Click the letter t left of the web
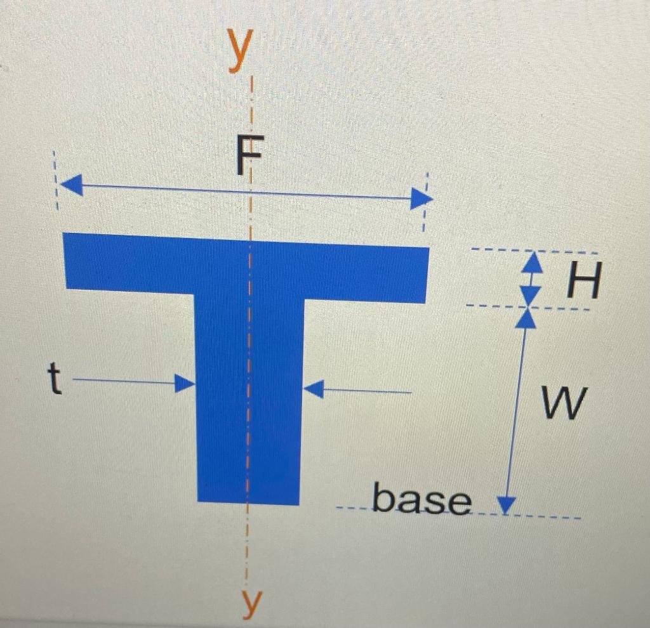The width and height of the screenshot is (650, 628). (56, 381)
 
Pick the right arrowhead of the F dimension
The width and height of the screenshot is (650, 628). (421, 199)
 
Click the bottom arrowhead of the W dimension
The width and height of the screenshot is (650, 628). (506, 505)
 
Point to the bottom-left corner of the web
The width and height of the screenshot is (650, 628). (199, 499)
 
